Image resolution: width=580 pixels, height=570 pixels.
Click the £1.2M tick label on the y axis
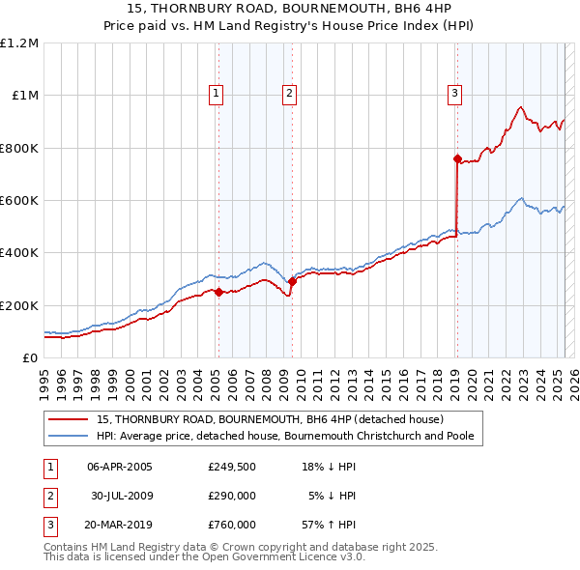19,43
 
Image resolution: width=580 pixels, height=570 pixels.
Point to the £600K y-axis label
19,200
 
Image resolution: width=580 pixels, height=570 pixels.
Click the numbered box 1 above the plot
215,94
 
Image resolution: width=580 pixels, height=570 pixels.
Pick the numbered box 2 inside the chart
289,94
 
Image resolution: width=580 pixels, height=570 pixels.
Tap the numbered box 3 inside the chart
454,94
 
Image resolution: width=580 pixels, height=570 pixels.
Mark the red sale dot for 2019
457,158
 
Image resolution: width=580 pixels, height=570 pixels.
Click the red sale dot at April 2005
218,292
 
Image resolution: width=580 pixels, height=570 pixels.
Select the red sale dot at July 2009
292,281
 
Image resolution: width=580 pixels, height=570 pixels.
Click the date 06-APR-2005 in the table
119,467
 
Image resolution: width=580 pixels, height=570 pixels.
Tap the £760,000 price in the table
231,525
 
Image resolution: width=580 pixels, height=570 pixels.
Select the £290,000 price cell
231,496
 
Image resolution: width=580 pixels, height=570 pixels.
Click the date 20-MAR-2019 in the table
120,525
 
